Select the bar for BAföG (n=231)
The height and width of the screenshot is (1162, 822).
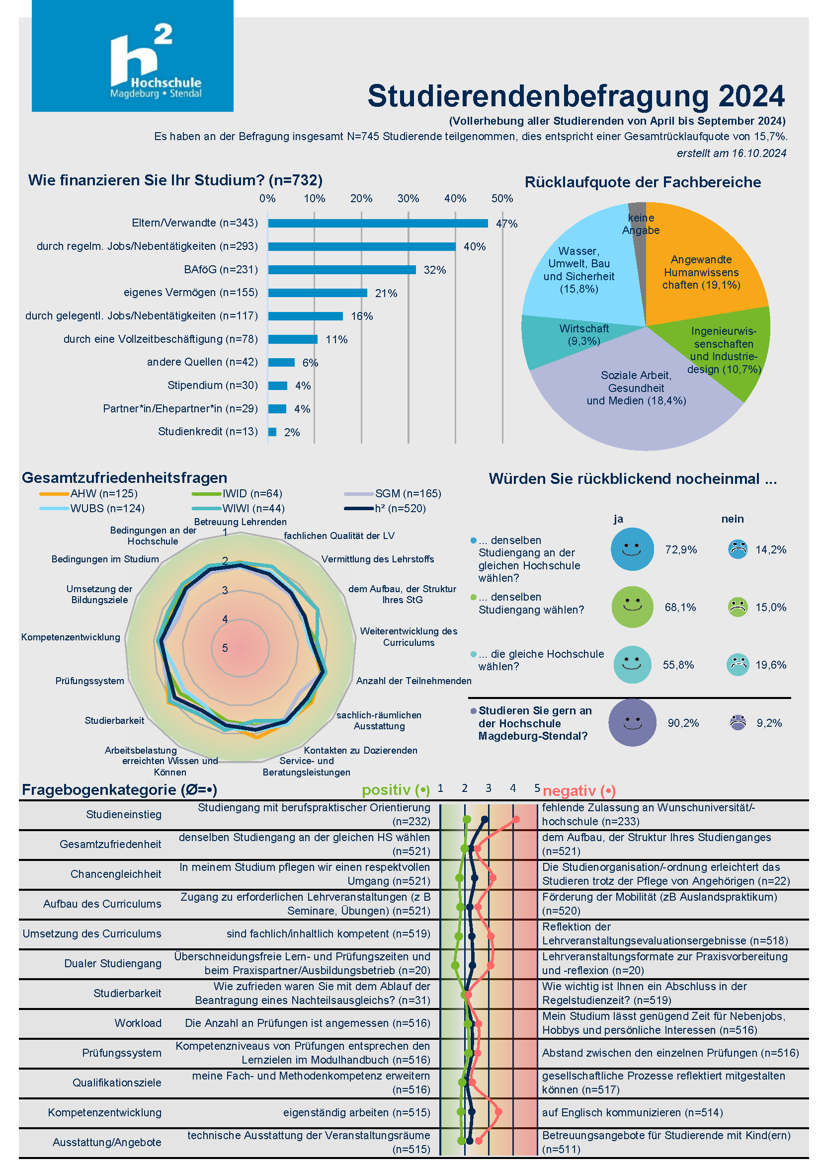coord(341,270)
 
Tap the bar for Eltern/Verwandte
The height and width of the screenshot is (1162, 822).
coord(378,223)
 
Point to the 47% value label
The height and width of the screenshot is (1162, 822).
coord(506,224)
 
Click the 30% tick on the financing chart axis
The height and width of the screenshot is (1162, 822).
coord(408,198)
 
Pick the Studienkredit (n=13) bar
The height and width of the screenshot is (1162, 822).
coord(272,432)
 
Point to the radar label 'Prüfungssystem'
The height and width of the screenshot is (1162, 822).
coord(89,681)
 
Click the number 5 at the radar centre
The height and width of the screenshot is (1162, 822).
coord(225,648)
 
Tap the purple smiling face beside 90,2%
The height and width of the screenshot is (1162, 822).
coord(632,723)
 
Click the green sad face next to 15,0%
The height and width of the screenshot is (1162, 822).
coord(738,607)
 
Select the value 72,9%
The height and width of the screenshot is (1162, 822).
coord(681,549)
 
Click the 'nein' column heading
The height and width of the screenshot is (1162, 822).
coord(733,519)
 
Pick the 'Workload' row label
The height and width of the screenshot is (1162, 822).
coord(138,1023)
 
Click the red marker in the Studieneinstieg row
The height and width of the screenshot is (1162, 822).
coord(516,819)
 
